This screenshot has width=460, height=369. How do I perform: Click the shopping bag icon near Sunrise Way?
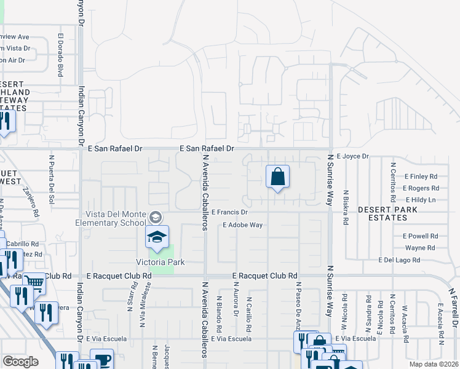pos(278,177)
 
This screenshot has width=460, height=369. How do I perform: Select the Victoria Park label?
pos(160,262)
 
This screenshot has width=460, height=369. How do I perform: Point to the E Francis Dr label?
pos(229,212)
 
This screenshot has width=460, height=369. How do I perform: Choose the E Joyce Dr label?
pos(352,156)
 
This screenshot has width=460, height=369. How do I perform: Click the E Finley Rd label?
pos(421,176)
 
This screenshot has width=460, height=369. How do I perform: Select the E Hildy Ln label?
pos(421,200)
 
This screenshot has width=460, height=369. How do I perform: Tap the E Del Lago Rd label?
pos(408,260)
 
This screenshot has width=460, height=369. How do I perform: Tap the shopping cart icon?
pos(36,283)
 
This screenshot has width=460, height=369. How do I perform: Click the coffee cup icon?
pos(101,359)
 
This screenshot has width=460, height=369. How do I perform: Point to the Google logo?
pos(20,362)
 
